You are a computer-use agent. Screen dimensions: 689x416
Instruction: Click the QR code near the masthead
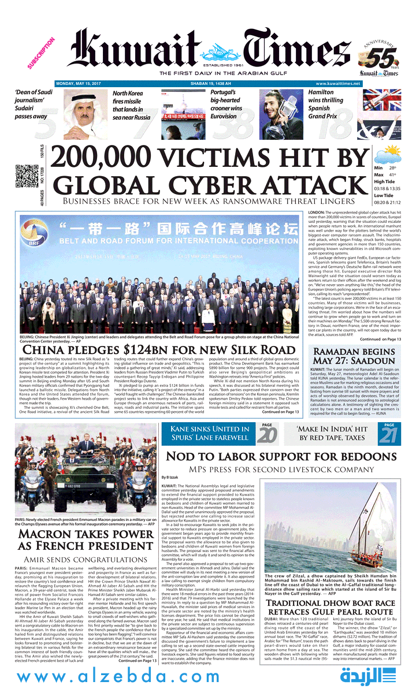pos(24,176)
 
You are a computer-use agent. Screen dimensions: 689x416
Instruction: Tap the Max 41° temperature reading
pos(387,174)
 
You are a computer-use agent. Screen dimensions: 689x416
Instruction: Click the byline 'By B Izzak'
pos(170,478)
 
